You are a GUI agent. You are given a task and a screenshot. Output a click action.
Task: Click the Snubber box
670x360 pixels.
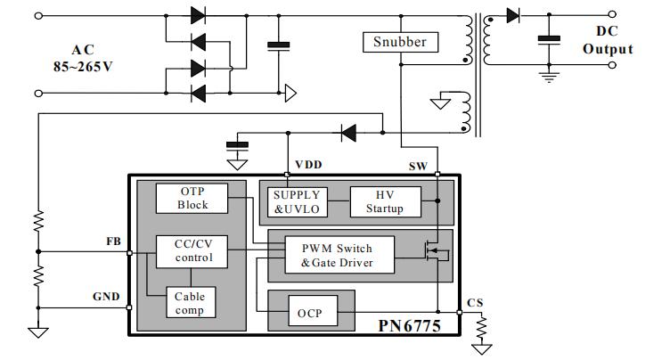pyautogui.click(x=398, y=42)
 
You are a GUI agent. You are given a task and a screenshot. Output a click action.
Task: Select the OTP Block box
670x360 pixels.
pyautogui.click(x=192, y=199)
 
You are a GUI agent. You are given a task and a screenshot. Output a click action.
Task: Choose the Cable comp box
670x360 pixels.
pyautogui.click(x=190, y=304)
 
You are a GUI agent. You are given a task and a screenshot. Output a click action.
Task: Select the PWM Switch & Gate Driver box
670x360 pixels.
pyautogui.click(x=336, y=255)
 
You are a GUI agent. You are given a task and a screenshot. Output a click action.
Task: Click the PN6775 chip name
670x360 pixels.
pyautogui.click(x=410, y=326)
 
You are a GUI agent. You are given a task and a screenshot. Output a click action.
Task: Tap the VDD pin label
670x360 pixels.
pyautogui.click(x=308, y=166)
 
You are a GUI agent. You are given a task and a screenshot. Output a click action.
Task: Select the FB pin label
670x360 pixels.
pyautogui.click(x=113, y=241)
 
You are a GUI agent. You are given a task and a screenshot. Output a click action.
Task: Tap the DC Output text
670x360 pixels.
pyautogui.click(x=607, y=41)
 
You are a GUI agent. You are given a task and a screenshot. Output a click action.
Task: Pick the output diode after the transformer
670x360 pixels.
pyautogui.click(x=512, y=15)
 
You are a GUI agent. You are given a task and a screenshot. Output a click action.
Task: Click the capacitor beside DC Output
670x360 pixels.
pyautogui.click(x=549, y=40)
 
